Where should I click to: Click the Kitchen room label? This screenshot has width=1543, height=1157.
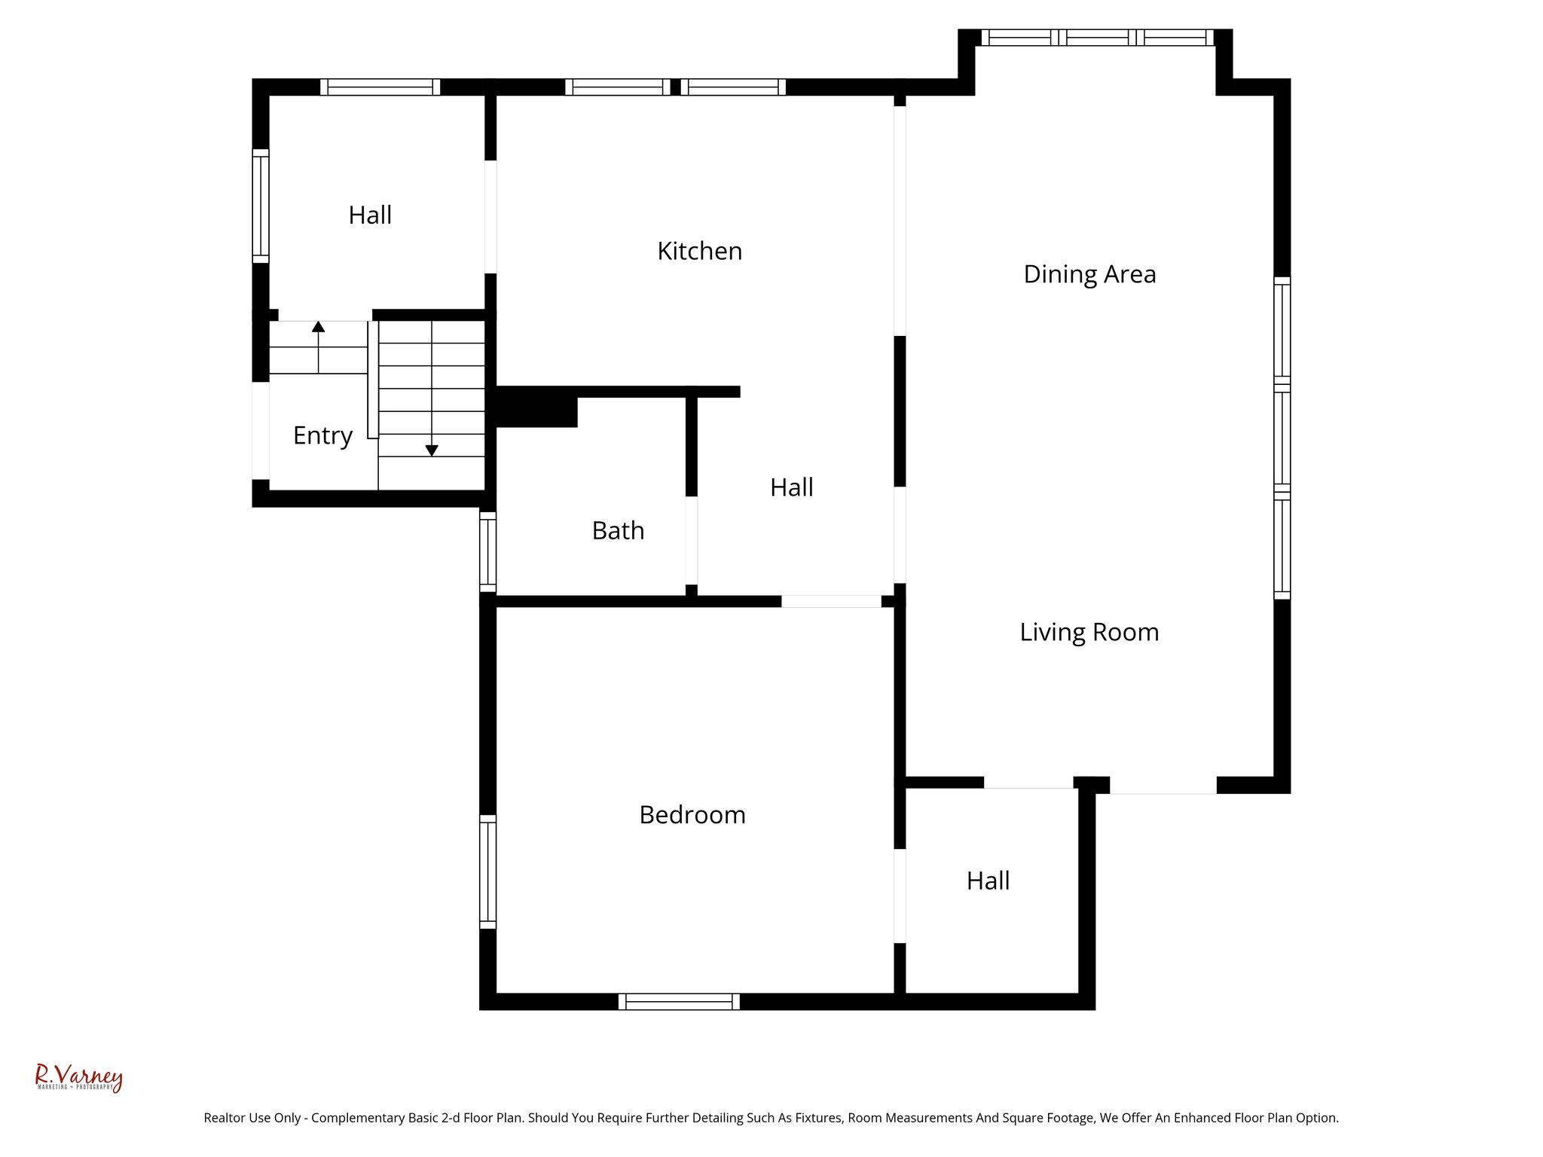click(699, 251)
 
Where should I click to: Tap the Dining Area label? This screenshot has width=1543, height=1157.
click(1089, 274)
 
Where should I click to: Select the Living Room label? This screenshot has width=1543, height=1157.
click(1089, 632)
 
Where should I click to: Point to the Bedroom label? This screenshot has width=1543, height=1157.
click(692, 815)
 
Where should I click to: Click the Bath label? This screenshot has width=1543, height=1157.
click(618, 531)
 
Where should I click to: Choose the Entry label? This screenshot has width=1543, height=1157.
click(322, 435)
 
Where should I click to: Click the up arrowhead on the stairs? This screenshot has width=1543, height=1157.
click(319, 327)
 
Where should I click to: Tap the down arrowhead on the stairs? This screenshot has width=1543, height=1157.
click(432, 450)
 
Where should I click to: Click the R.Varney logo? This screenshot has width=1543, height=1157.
click(78, 1077)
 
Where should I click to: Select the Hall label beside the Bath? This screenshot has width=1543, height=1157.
click(791, 488)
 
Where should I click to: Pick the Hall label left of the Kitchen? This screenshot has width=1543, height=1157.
click(370, 215)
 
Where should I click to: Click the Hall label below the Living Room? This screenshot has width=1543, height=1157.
click(988, 881)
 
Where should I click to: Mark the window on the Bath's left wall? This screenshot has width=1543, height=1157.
click(488, 552)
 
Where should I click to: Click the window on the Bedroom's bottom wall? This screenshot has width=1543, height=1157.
click(679, 1001)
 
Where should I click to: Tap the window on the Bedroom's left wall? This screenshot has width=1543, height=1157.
click(488, 872)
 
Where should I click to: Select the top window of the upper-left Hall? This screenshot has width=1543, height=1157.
click(380, 87)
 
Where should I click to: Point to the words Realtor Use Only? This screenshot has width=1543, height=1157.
click(252, 1118)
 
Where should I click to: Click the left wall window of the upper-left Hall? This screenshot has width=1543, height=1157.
click(260, 206)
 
